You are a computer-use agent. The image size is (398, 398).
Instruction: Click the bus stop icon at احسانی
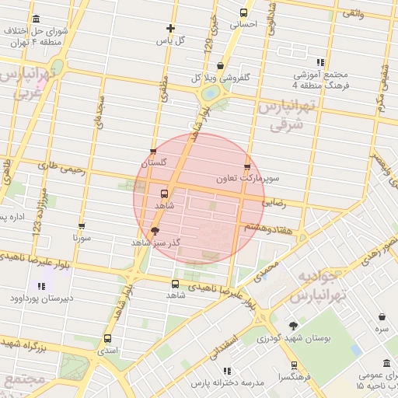244,12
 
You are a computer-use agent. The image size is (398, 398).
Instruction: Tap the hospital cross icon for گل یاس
170,28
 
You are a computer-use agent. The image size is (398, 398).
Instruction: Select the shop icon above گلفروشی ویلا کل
221,66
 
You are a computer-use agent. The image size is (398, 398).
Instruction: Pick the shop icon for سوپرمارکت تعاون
247,166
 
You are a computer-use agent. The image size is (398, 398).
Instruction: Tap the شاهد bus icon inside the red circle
164,194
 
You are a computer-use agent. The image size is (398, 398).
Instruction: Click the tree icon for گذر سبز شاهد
155,231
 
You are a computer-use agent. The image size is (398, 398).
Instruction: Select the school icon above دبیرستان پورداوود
40,286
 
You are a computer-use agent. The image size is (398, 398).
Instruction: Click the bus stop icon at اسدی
106,338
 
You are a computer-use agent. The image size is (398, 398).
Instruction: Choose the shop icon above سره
382,316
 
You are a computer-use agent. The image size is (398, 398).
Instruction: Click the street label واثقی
352,13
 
